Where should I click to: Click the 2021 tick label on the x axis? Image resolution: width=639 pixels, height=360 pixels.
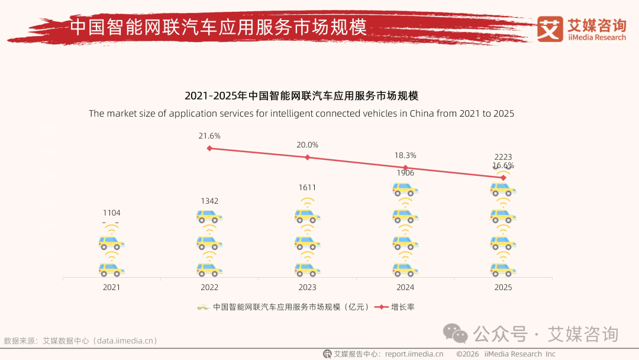click(x=111, y=287)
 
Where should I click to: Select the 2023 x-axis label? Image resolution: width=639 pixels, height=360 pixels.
click(x=307, y=287)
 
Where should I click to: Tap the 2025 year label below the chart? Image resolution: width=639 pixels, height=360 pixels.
click(x=503, y=287)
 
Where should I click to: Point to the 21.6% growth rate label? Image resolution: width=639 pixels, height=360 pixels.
click(x=209, y=136)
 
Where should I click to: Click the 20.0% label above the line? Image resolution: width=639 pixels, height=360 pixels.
click(x=307, y=145)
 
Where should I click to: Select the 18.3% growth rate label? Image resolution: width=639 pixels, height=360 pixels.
click(x=405, y=155)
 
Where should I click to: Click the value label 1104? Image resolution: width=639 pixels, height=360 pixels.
click(x=111, y=213)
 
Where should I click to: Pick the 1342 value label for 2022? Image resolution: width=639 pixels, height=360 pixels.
click(x=209, y=201)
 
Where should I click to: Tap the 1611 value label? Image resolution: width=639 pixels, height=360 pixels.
click(x=307, y=188)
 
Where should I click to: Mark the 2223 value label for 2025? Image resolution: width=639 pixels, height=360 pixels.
click(x=503, y=157)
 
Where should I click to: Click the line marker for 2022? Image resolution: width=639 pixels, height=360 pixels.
click(x=209, y=148)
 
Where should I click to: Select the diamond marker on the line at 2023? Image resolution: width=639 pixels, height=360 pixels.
click(x=307, y=157)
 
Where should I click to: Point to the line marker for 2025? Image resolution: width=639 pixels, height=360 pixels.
click(x=503, y=178)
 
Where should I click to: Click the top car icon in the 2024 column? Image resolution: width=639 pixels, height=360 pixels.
click(x=405, y=189)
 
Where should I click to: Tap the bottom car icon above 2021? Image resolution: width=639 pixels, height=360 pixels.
click(x=111, y=269)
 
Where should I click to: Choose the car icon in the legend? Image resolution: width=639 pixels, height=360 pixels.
click(x=203, y=307)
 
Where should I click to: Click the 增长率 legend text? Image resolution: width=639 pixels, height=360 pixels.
click(x=402, y=307)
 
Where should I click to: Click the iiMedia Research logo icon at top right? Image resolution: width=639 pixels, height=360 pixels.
click(x=550, y=29)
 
